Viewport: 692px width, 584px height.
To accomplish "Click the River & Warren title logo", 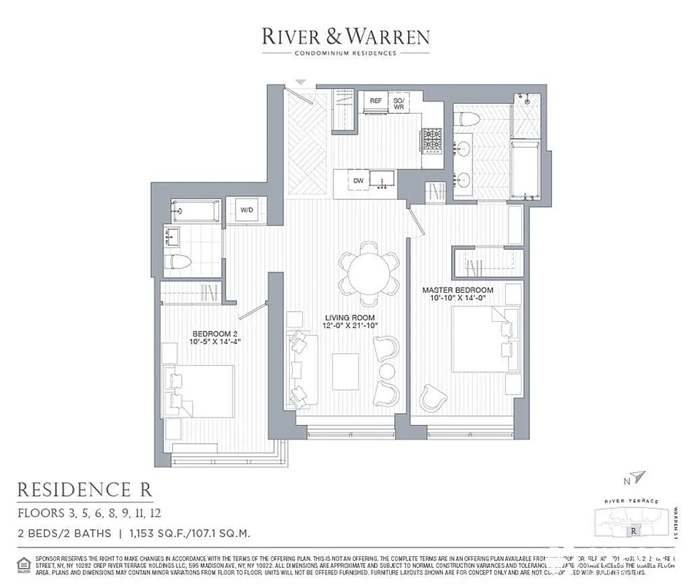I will [x=346, y=36].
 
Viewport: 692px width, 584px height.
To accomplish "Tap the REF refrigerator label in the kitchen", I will [x=376, y=101].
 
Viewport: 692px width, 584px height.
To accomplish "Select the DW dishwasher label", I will [x=358, y=181].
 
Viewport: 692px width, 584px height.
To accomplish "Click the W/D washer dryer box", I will [x=247, y=210].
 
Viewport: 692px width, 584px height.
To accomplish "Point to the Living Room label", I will [x=350, y=322].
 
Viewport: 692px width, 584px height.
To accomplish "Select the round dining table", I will [x=369, y=273].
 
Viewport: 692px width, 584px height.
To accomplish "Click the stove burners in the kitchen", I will [x=431, y=139].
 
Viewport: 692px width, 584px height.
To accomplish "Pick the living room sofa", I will [x=299, y=369].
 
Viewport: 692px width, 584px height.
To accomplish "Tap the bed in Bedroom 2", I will [x=200, y=391].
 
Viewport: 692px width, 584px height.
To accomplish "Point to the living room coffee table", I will [x=345, y=371].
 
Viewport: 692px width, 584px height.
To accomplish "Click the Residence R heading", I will [x=85, y=488].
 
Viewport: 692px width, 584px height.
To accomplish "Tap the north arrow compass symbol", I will [x=639, y=477].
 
